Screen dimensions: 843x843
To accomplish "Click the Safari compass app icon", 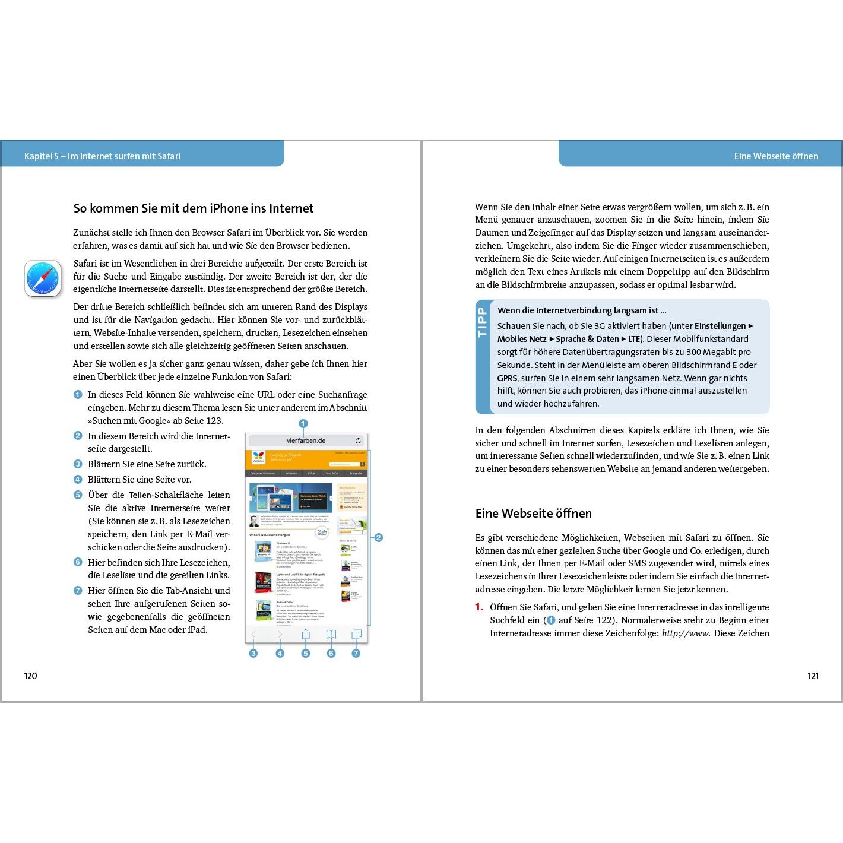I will coord(43,278).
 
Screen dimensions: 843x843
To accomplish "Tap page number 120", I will coord(30,676).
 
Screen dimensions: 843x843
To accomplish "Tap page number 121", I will coord(813,676).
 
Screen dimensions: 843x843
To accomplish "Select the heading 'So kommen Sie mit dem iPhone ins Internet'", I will coord(194,208).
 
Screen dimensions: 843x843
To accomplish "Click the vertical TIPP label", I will coord(482,322).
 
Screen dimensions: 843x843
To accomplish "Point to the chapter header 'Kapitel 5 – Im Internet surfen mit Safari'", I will coord(102,156).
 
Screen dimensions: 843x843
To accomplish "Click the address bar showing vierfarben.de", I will coord(306,440).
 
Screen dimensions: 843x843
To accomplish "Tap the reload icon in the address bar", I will coord(358,440).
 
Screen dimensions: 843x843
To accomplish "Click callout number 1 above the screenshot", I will coord(303,424).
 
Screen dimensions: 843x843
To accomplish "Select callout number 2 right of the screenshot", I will coord(378,538).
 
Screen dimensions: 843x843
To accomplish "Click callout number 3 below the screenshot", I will coord(253,654).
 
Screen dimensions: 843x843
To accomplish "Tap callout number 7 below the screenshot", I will coord(356,654).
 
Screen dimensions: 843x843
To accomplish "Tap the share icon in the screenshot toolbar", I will coord(306,635).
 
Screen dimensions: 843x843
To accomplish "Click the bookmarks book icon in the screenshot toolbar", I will coord(331,635).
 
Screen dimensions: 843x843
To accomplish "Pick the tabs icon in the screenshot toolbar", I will coord(356,635).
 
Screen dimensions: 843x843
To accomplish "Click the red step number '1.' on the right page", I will coord(479,607).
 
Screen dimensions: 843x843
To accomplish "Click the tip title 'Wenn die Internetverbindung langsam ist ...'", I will coord(581,310).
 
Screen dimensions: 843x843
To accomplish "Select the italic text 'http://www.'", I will coord(686,633).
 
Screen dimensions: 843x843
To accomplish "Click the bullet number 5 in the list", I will coord(78,495).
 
